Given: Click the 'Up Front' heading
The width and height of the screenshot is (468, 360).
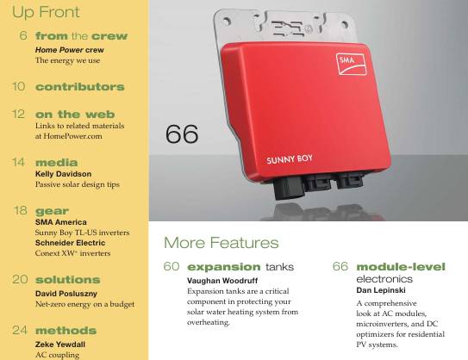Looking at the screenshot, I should (46, 12).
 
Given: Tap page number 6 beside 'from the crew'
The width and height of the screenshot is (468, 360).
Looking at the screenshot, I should (23, 35).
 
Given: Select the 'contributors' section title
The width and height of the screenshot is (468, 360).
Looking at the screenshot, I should (79, 87).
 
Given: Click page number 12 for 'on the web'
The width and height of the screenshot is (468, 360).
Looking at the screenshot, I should (18, 114).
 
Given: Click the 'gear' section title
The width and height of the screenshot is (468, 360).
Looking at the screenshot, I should (52, 210).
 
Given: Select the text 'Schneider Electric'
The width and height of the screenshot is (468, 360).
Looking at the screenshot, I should (70, 244).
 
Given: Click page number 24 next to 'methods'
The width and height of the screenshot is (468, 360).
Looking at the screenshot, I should (17, 330).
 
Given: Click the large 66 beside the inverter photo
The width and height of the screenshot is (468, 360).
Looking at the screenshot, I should (182, 134).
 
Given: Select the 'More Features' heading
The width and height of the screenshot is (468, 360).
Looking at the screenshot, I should (221, 243).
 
